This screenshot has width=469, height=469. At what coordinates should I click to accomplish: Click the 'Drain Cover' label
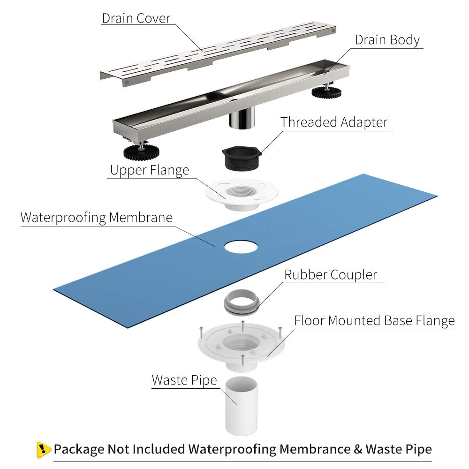136,18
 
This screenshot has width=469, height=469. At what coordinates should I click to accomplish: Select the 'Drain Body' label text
387,40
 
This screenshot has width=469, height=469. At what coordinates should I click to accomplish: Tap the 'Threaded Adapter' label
334,122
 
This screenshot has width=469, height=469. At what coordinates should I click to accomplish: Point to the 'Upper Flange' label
149,170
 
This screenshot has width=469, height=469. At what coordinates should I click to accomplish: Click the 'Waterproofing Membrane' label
97,218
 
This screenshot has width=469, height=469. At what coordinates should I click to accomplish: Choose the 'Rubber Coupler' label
331,274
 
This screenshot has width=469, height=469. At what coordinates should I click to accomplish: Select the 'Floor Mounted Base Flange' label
374,321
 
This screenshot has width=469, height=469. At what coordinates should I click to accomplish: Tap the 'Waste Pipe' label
184,380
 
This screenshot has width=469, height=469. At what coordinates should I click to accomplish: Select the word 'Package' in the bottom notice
79,449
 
